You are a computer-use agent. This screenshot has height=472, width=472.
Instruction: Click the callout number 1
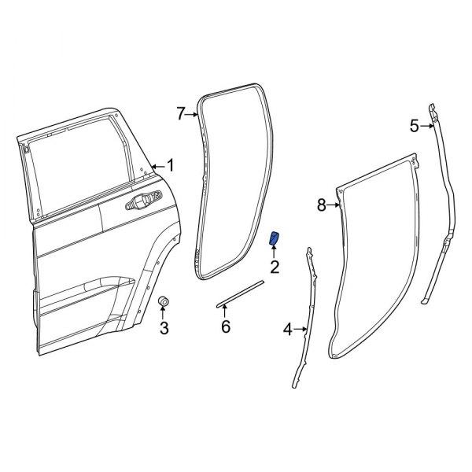[x=171, y=166]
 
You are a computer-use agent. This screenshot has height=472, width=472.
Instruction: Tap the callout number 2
[x=275, y=267]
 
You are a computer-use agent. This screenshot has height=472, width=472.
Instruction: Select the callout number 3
[x=164, y=328]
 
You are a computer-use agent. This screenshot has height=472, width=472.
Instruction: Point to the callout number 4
[x=287, y=330]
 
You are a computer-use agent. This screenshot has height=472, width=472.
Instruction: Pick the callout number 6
[x=226, y=326]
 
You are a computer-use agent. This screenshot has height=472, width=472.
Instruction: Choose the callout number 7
[x=180, y=115]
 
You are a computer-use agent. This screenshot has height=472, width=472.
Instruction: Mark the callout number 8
[x=321, y=205]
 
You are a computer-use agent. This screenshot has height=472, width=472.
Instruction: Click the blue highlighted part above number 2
[x=275, y=238]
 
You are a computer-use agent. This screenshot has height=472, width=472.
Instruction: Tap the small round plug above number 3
[x=164, y=303]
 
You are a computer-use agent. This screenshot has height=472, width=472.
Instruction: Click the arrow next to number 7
[x=193, y=116]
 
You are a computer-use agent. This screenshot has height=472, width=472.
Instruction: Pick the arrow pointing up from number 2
[x=275, y=252]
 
